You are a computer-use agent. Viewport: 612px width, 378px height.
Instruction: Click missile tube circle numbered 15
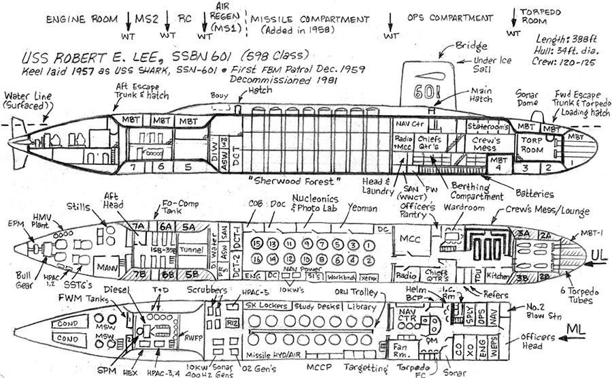pos(256,244)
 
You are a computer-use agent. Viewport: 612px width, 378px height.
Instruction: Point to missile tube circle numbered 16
pos(256,258)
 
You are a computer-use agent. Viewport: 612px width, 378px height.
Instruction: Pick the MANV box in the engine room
pos(105,266)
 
